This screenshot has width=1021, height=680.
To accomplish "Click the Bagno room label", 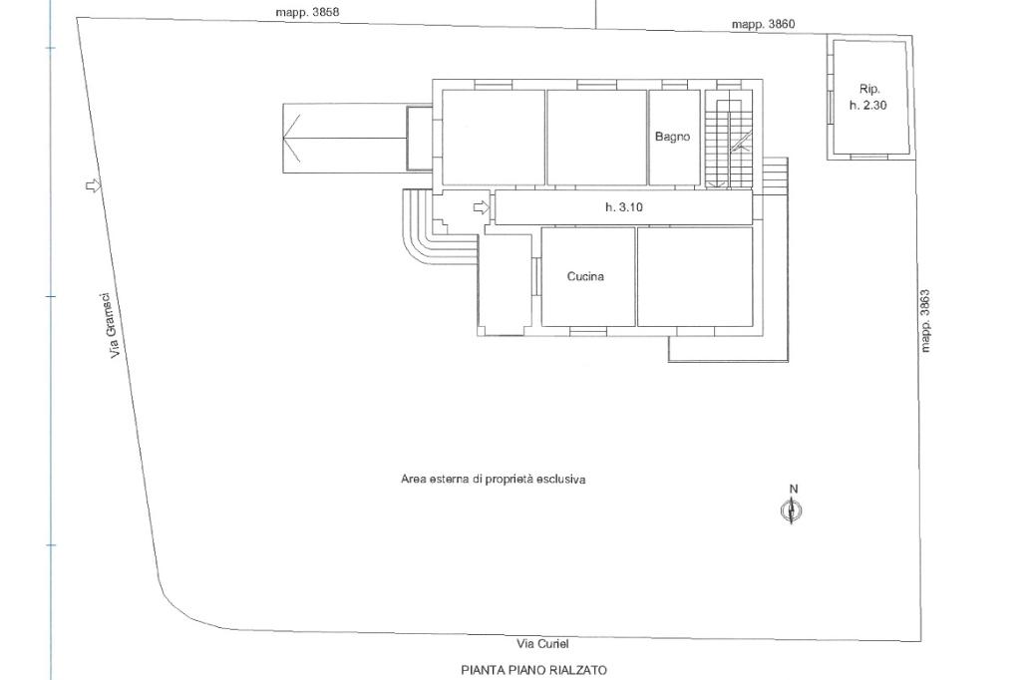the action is [x=672, y=137].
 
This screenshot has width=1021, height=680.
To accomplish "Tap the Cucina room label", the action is [x=585, y=276].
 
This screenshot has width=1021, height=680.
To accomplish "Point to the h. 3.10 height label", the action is [x=624, y=207].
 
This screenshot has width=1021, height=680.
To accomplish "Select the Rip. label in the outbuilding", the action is [x=869, y=89].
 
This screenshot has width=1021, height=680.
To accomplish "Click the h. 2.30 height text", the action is [x=868, y=105].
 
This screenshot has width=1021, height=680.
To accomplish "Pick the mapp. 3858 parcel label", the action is [x=307, y=12].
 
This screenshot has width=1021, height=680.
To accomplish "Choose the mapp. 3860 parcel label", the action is [x=763, y=24].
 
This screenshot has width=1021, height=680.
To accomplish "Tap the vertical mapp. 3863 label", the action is [x=925, y=320].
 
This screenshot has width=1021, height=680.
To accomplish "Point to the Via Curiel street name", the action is [x=542, y=643].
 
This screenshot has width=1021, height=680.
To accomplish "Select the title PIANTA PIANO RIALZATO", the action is [x=534, y=670].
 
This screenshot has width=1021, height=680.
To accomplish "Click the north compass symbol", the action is [x=791, y=510].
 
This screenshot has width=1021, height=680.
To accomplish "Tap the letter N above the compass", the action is [x=793, y=489].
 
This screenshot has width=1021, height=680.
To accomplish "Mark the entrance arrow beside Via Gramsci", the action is [x=95, y=186].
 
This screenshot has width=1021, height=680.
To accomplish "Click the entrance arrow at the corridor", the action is [x=482, y=207].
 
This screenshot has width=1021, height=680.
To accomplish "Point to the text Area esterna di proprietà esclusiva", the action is [x=493, y=480].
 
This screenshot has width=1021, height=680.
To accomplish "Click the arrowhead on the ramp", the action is [x=292, y=138].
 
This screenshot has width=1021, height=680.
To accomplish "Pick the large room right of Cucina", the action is [x=695, y=277].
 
